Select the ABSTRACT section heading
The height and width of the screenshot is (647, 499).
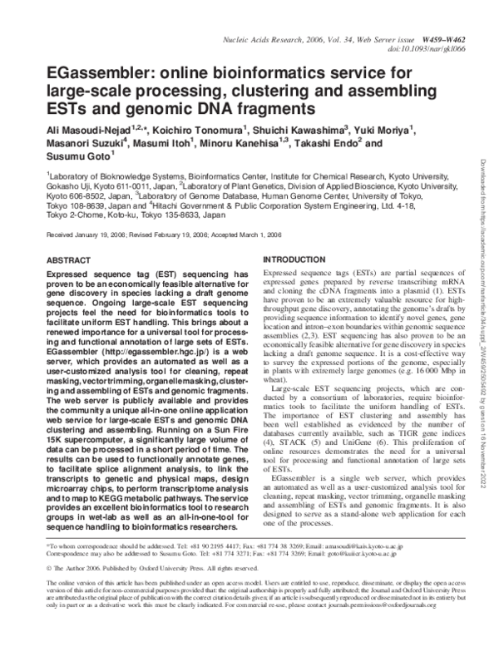(x=69, y=259)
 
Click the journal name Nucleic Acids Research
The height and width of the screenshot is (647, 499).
(x=265, y=39)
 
